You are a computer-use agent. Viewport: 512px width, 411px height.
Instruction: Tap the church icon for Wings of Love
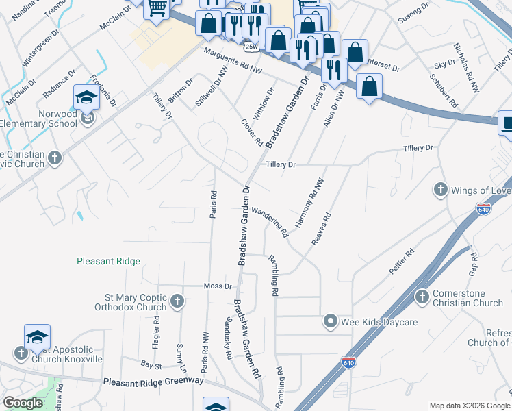(x=441, y=189)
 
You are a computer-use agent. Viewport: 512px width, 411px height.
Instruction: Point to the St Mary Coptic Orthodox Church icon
(x=177, y=301)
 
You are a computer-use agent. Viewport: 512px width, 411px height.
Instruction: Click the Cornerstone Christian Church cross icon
(x=422, y=297)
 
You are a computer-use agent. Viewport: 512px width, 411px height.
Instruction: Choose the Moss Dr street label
(x=218, y=286)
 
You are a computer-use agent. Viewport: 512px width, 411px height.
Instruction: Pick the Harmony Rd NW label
(x=309, y=204)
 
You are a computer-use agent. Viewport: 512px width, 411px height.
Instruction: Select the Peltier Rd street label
(x=401, y=262)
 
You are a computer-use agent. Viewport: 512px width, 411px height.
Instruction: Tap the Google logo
(x=23, y=403)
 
